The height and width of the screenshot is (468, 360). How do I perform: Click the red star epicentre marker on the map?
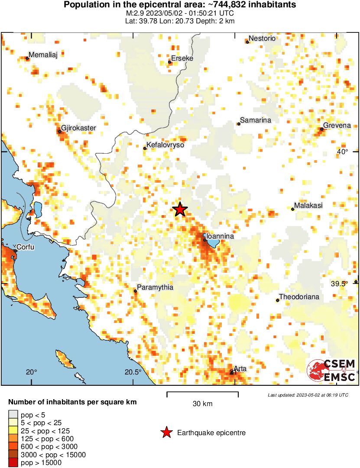(180, 210)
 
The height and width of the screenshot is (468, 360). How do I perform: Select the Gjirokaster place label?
(78, 128)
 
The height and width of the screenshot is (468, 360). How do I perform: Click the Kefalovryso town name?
(165, 145)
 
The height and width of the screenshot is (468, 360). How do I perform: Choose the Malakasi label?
(308, 206)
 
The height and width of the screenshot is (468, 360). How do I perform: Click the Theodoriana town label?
(299, 297)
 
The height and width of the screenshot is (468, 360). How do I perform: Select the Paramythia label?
(155, 287)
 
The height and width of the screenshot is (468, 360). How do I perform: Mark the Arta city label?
(240, 369)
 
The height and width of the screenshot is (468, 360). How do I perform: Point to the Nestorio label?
(262, 39)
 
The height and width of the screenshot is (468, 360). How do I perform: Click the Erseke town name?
(182, 58)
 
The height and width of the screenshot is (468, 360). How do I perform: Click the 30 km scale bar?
(202, 394)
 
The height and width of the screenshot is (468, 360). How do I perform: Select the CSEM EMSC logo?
(332, 371)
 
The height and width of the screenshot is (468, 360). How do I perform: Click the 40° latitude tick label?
(342, 152)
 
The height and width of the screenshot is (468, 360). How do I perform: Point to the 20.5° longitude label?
(133, 372)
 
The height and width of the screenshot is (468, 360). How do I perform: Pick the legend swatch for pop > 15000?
(13, 463)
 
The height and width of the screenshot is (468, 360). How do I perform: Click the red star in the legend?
(166, 432)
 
